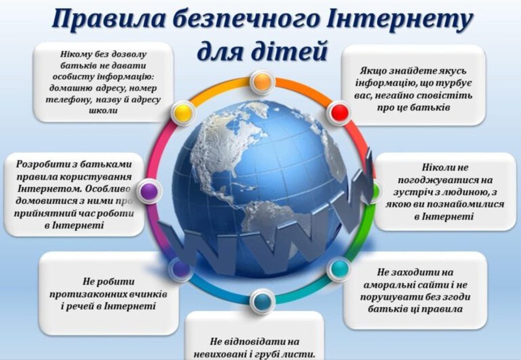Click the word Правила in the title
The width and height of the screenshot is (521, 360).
(x=108, y=18)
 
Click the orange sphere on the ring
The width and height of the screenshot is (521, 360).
(x=262, y=81)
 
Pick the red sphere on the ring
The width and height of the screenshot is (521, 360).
(x=339, y=112)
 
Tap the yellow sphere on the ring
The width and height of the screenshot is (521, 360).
(x=183, y=112)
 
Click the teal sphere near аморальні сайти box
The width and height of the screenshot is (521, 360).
(x=339, y=269)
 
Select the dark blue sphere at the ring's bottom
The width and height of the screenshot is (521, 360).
(x=262, y=301)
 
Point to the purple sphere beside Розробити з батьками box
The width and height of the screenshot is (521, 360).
(x=149, y=191)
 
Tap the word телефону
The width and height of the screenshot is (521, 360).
(x=66, y=100)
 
